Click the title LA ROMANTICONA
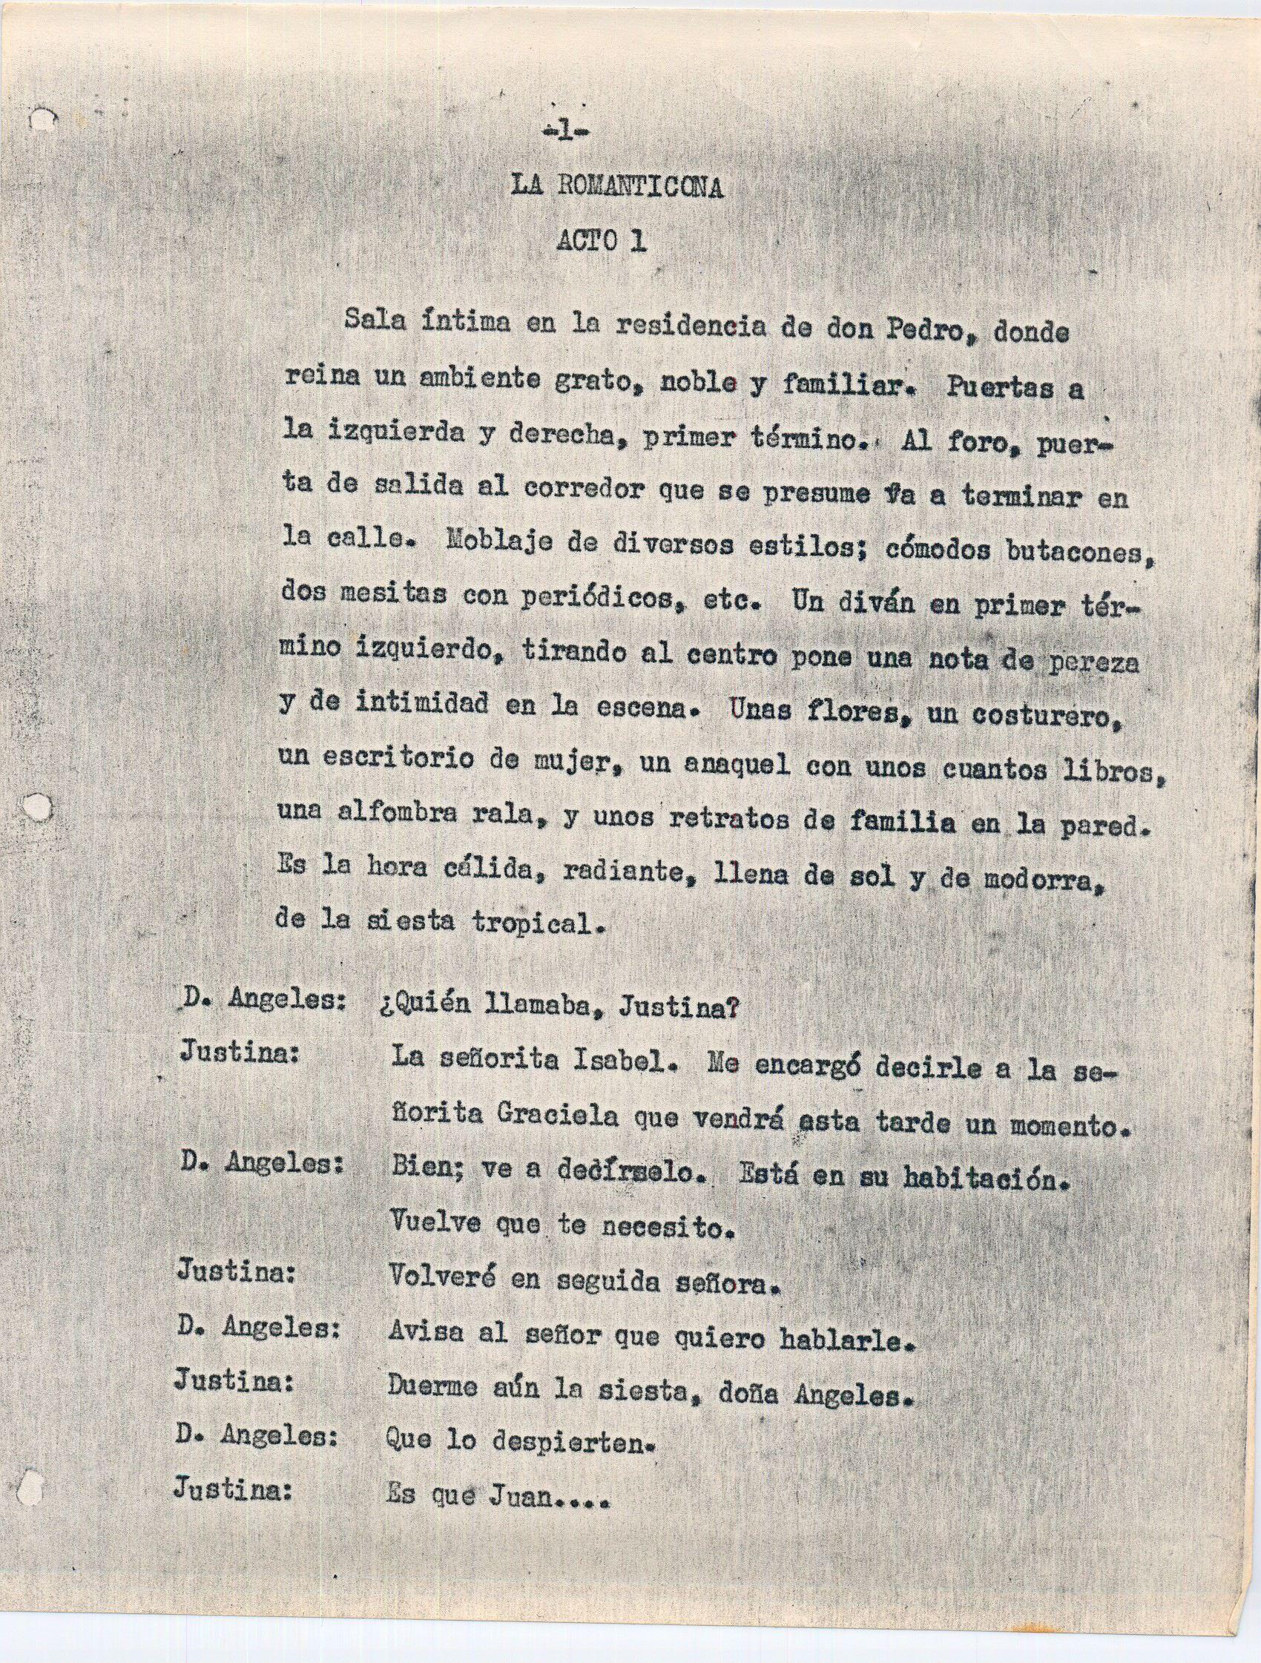pos(617,187)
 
